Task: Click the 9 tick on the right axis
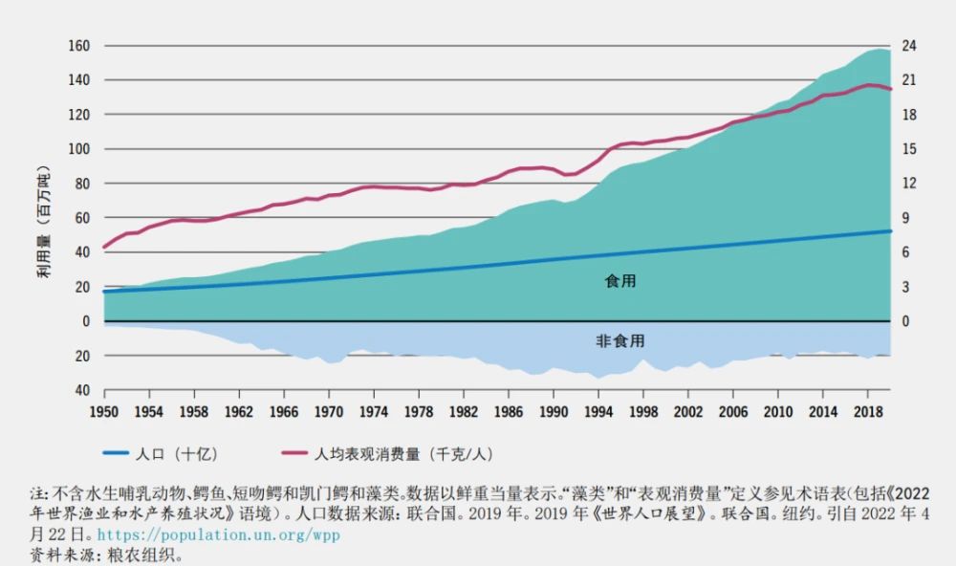click(908, 218)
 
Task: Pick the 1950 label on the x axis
click(104, 411)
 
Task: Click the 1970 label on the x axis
click(329, 411)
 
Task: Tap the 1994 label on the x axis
click(598, 411)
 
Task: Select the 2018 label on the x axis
click(868, 411)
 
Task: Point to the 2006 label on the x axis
click(733, 411)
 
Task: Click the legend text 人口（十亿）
click(190, 454)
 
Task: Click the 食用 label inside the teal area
click(620, 281)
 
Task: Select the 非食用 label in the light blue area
click(620, 341)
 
